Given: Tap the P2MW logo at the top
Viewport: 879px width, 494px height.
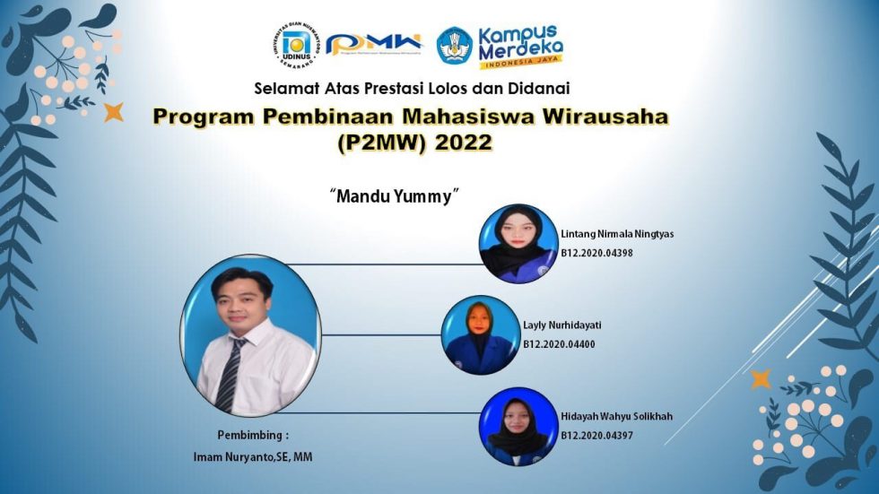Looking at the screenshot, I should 373,44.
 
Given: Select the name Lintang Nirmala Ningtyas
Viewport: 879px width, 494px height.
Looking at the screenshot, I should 617,234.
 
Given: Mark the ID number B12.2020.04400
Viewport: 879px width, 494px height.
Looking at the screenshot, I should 559,344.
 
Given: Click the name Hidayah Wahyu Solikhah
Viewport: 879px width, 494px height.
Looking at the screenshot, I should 616,417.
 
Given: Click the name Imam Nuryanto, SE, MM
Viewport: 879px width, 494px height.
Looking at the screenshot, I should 254,457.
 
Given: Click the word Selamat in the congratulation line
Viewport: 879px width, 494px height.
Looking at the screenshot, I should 282,88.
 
